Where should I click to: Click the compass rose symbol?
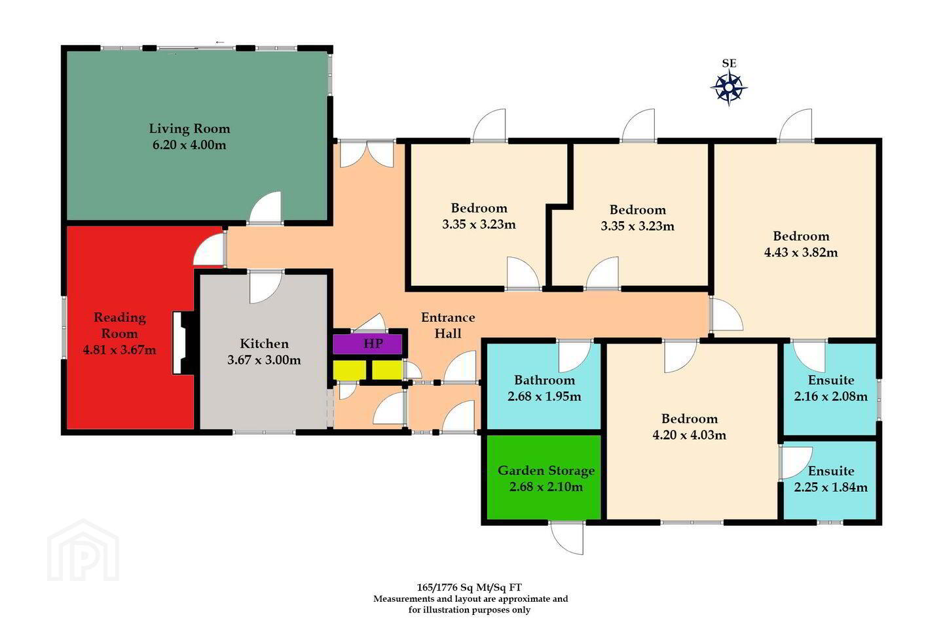(x=729, y=88)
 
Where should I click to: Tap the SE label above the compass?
(x=729, y=63)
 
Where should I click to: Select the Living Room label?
(x=189, y=128)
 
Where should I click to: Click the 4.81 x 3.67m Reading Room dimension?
(x=120, y=349)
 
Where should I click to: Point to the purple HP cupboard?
(x=367, y=344)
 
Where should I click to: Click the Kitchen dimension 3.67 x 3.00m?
(x=264, y=360)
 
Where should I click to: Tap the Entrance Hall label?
(x=448, y=325)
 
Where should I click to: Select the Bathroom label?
(x=544, y=380)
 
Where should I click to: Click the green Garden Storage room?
(x=544, y=477)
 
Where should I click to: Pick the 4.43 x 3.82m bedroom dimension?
(x=801, y=253)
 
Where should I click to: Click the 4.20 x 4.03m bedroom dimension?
(x=689, y=434)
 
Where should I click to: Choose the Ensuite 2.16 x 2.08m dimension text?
(x=830, y=396)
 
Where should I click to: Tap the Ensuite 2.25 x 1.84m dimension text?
(x=830, y=487)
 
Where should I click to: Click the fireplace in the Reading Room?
(x=183, y=343)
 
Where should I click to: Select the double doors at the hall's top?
(x=367, y=154)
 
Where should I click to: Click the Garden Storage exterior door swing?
(x=567, y=538)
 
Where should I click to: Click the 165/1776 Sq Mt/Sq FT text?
(x=469, y=587)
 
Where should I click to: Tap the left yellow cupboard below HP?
(x=350, y=370)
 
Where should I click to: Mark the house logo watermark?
(x=83, y=550)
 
